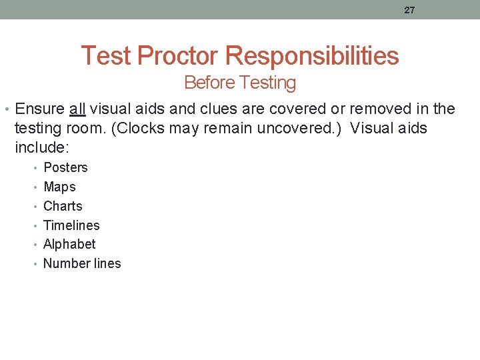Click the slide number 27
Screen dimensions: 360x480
point(409,10)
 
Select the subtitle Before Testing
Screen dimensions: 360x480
point(239,83)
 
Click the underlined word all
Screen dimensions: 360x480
point(77,109)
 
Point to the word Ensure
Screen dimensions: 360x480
point(39,109)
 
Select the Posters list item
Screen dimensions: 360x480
point(65,167)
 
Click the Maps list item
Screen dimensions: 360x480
point(59,187)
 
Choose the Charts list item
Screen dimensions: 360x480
point(63,206)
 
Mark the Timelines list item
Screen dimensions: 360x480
point(71,225)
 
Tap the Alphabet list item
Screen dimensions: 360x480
point(69,244)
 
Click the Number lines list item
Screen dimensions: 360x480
point(82,263)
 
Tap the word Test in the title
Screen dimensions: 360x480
point(106,55)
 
